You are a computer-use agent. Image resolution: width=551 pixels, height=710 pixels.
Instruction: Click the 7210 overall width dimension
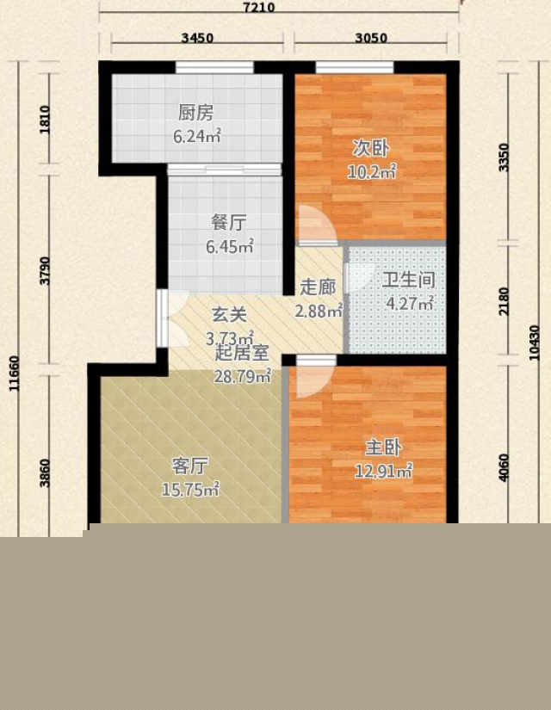click(259, 7)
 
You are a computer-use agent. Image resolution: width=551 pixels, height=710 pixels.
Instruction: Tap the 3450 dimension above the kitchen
click(197, 38)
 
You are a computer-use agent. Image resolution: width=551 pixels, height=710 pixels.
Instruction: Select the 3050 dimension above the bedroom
click(371, 38)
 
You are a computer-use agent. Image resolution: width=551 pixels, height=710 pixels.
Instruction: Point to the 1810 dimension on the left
click(45, 120)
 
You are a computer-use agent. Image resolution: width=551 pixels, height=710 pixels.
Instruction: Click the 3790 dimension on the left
click(45, 271)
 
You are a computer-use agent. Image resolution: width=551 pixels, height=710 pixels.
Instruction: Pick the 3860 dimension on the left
click(45, 473)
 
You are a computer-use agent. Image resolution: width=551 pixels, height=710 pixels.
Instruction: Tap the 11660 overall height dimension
click(14, 374)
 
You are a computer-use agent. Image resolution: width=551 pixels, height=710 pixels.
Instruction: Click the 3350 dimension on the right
click(504, 157)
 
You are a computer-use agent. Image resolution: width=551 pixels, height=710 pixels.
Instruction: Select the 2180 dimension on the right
click(504, 301)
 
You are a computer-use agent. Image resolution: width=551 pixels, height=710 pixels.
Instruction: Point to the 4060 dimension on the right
click(504, 468)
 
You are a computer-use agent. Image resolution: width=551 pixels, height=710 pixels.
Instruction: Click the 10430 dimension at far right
click(535, 343)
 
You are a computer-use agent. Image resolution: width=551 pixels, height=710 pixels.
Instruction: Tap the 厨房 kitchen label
click(195, 113)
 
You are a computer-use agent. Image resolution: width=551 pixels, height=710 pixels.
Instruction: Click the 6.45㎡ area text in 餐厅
click(230, 246)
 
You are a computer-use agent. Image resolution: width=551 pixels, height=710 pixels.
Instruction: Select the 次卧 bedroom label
click(371, 148)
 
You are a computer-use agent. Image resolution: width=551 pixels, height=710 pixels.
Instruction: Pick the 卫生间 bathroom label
click(409, 281)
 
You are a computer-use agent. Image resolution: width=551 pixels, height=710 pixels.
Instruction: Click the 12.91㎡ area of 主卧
click(383, 472)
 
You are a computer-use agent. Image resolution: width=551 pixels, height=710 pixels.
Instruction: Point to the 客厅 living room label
click(190, 466)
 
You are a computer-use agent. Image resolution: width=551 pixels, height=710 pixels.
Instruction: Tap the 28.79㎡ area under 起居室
click(243, 375)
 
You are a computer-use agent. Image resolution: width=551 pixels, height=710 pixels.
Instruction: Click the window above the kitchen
click(214, 67)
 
